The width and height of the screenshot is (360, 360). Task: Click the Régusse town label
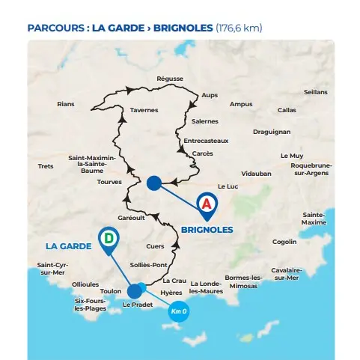[x=170, y=79]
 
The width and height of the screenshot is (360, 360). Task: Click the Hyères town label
[x=171, y=292]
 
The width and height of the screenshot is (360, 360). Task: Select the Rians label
[x=66, y=104]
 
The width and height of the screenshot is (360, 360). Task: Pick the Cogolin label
[x=284, y=242]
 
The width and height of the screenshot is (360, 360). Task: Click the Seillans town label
[x=315, y=92]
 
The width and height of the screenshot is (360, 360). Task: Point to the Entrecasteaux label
[x=206, y=140]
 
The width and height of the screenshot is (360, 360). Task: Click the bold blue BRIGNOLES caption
[x=207, y=230]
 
